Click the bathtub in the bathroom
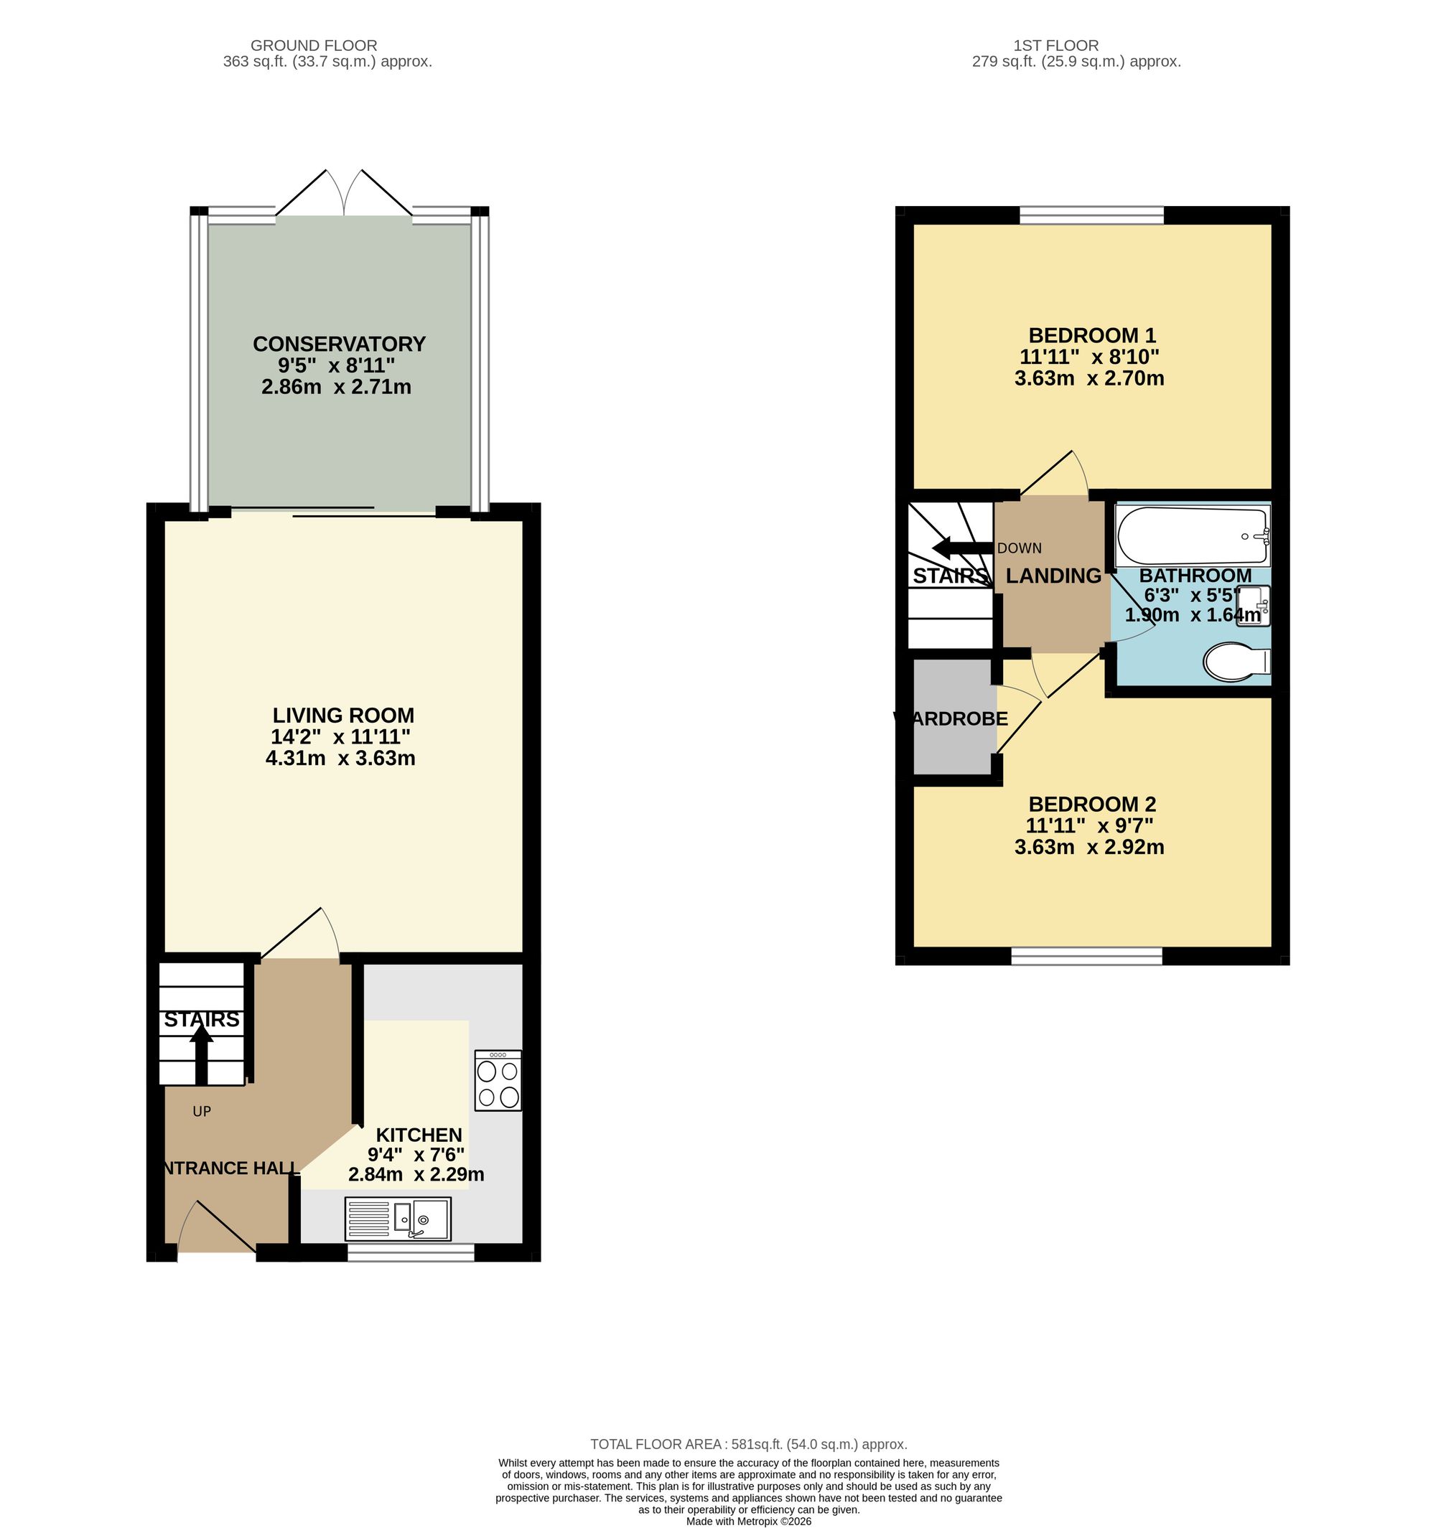pos(1193,535)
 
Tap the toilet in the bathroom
pos(1236,662)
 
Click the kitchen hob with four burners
pos(498,1080)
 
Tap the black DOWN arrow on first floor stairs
pos(961,549)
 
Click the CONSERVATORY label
pos(339,344)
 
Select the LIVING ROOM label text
pos(343,716)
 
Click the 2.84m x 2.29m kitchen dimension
pos(416,1174)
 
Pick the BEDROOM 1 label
pos(1091,335)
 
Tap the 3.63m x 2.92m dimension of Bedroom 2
pos(1088,847)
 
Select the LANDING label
pos(1053,576)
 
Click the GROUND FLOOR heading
pos(314,45)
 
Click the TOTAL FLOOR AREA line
pos(749,1444)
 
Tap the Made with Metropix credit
pos(748,1521)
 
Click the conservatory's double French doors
pos(344,194)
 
